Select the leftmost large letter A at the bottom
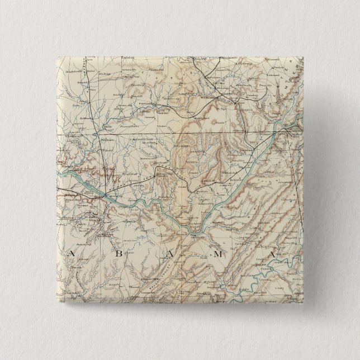pos(71,253)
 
